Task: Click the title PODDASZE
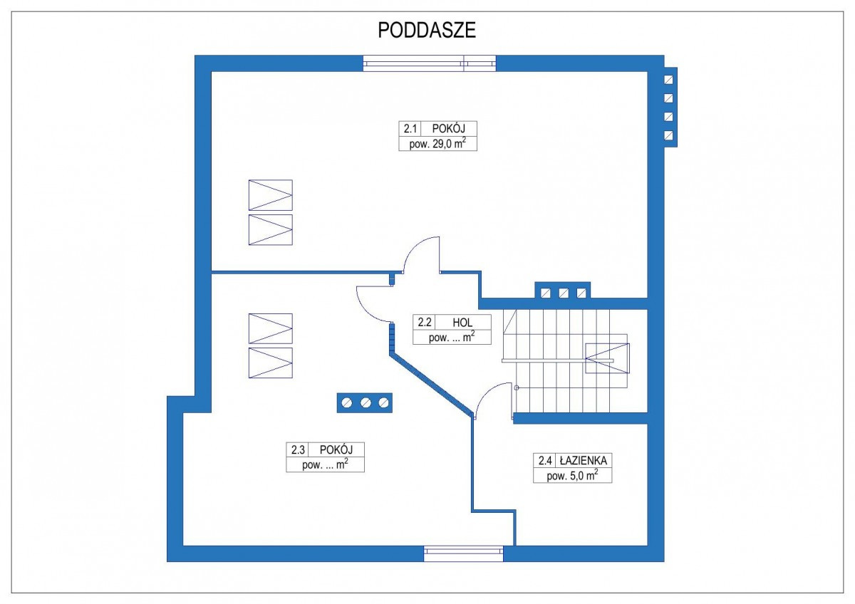[x=427, y=31]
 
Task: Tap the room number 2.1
[x=410, y=129]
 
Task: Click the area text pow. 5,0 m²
[x=572, y=476]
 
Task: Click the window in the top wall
[x=429, y=63]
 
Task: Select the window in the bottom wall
[x=463, y=553]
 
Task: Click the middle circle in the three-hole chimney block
[x=366, y=403]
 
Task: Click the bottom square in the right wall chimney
[x=669, y=135]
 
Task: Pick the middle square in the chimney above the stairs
[x=564, y=292]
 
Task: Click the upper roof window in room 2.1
[x=270, y=195]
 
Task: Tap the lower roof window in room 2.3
[x=270, y=363]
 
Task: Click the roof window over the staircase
[x=607, y=358]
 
